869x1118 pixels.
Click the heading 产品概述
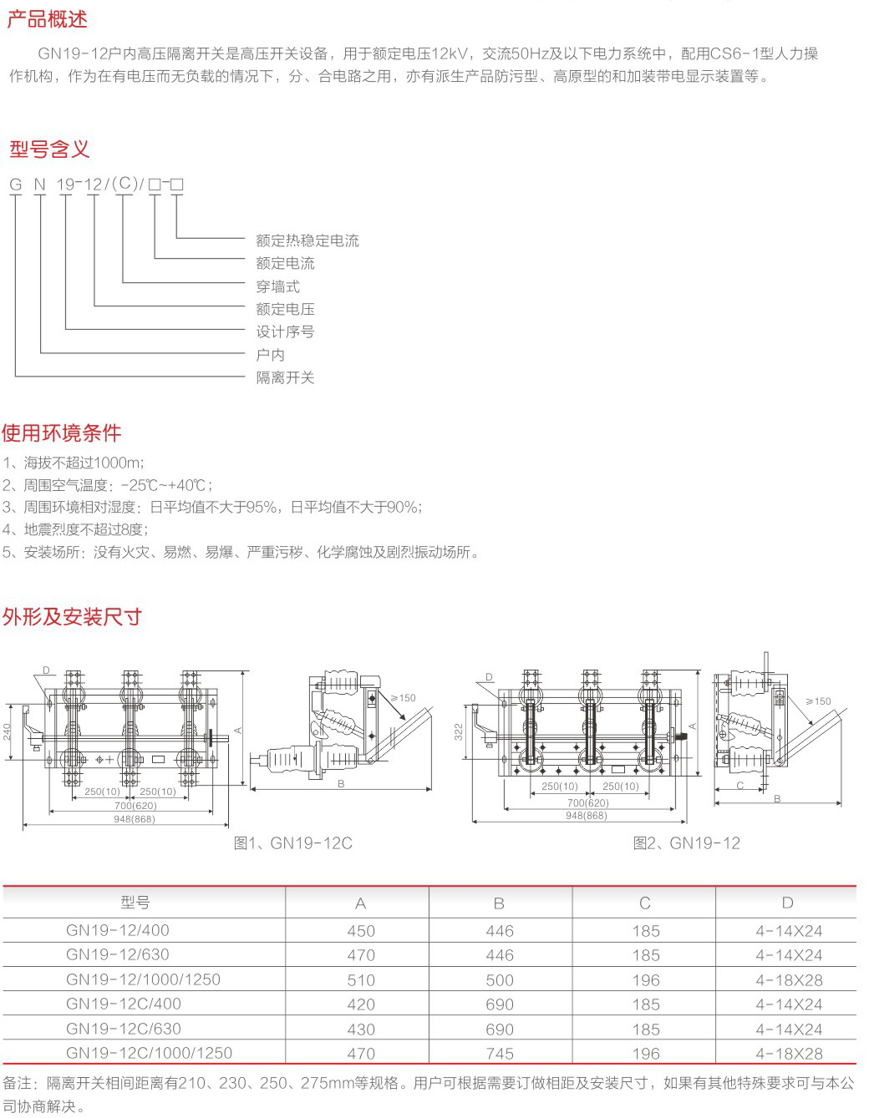click(47, 19)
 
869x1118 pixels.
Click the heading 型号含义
click(49, 149)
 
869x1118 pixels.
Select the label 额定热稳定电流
click(307, 240)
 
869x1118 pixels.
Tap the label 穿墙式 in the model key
click(277, 286)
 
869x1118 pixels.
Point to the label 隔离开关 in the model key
click(285, 377)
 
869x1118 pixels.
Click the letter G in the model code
click(16, 185)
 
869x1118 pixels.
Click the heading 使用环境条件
click(62, 433)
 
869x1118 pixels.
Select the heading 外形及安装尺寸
click(72, 617)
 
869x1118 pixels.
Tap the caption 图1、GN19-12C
click(292, 843)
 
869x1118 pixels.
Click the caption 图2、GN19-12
click(686, 843)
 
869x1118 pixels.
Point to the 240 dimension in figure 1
click(8, 732)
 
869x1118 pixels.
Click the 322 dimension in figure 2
click(458, 732)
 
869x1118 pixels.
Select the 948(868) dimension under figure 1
click(135, 819)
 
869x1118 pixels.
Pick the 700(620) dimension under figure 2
click(588, 802)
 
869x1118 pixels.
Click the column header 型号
click(135, 903)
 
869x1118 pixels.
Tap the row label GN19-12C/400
click(124, 1004)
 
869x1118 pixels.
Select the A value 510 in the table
click(361, 979)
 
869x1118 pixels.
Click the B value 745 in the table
click(500, 1054)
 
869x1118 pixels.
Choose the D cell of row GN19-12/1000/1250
click(789, 979)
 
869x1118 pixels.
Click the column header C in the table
click(645, 903)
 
